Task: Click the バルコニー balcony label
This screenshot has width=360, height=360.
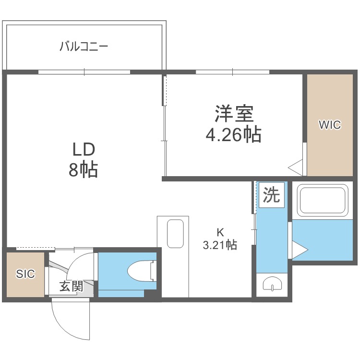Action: [x=84, y=47]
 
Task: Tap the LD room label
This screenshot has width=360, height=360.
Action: [x=84, y=149]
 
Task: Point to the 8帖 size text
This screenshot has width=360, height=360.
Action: [x=84, y=169]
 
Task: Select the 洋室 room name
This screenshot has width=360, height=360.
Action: [x=234, y=114]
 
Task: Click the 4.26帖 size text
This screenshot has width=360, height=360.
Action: [x=233, y=134]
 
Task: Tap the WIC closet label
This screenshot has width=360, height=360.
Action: [x=330, y=125]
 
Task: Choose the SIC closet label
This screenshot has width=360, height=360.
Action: [x=25, y=274]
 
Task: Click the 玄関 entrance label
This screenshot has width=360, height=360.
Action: [x=72, y=286]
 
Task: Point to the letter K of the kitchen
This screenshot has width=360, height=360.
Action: [x=220, y=232]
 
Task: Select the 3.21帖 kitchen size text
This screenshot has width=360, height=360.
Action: [x=220, y=244]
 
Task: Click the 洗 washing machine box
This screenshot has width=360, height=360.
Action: [x=272, y=195]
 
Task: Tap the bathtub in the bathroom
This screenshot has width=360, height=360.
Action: [x=323, y=200]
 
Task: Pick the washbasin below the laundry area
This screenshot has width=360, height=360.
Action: [x=272, y=284]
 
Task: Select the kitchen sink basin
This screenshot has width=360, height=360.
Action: [x=175, y=234]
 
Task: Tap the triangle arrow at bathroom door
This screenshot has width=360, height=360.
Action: [x=300, y=250]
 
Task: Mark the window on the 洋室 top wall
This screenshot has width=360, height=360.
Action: [x=232, y=72]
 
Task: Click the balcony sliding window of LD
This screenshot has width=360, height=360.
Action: [x=84, y=72]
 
